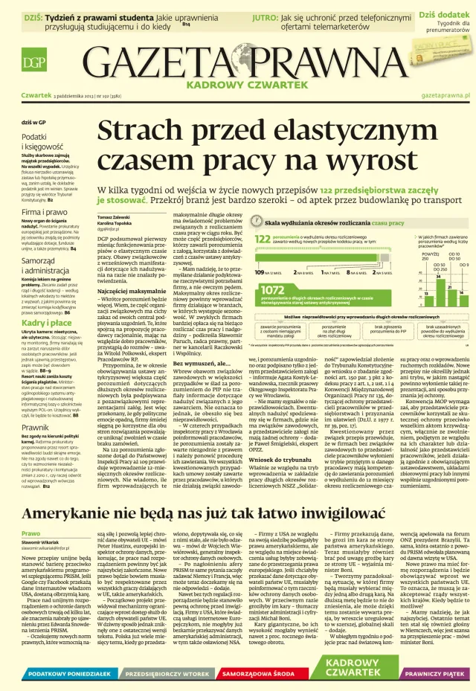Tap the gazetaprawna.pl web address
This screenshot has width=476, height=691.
445,96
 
